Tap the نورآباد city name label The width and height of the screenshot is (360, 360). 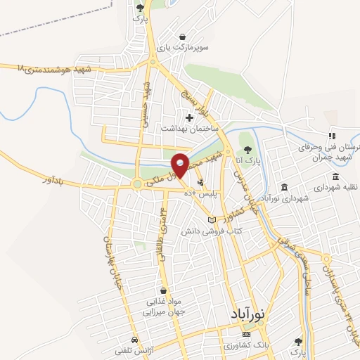pyautogui.click(x=250, y=316)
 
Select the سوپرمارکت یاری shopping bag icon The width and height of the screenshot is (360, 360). pyautogui.click(x=183, y=37)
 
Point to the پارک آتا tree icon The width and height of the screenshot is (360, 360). pyautogui.click(x=247, y=148)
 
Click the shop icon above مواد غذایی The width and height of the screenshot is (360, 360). pyautogui.click(x=164, y=290)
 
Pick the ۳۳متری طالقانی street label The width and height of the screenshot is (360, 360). pyautogui.click(x=165, y=229)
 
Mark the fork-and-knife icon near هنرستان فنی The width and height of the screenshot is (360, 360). pyautogui.click(x=331, y=136)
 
